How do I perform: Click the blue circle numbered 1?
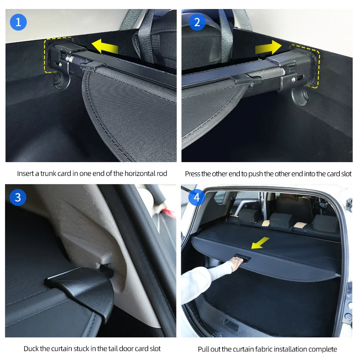18,22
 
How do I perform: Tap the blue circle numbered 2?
197,22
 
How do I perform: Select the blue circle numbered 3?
18,198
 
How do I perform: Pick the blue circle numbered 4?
197,198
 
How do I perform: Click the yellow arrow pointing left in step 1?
105,46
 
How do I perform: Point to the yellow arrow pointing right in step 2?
268,48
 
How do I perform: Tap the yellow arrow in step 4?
260,243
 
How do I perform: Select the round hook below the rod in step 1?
61,81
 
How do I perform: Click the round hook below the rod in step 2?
300,95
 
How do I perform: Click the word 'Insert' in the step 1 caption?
25,174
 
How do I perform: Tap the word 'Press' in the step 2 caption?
193,174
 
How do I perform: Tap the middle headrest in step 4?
282,220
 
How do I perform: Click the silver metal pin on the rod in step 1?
69,58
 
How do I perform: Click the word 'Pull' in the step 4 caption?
203,350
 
